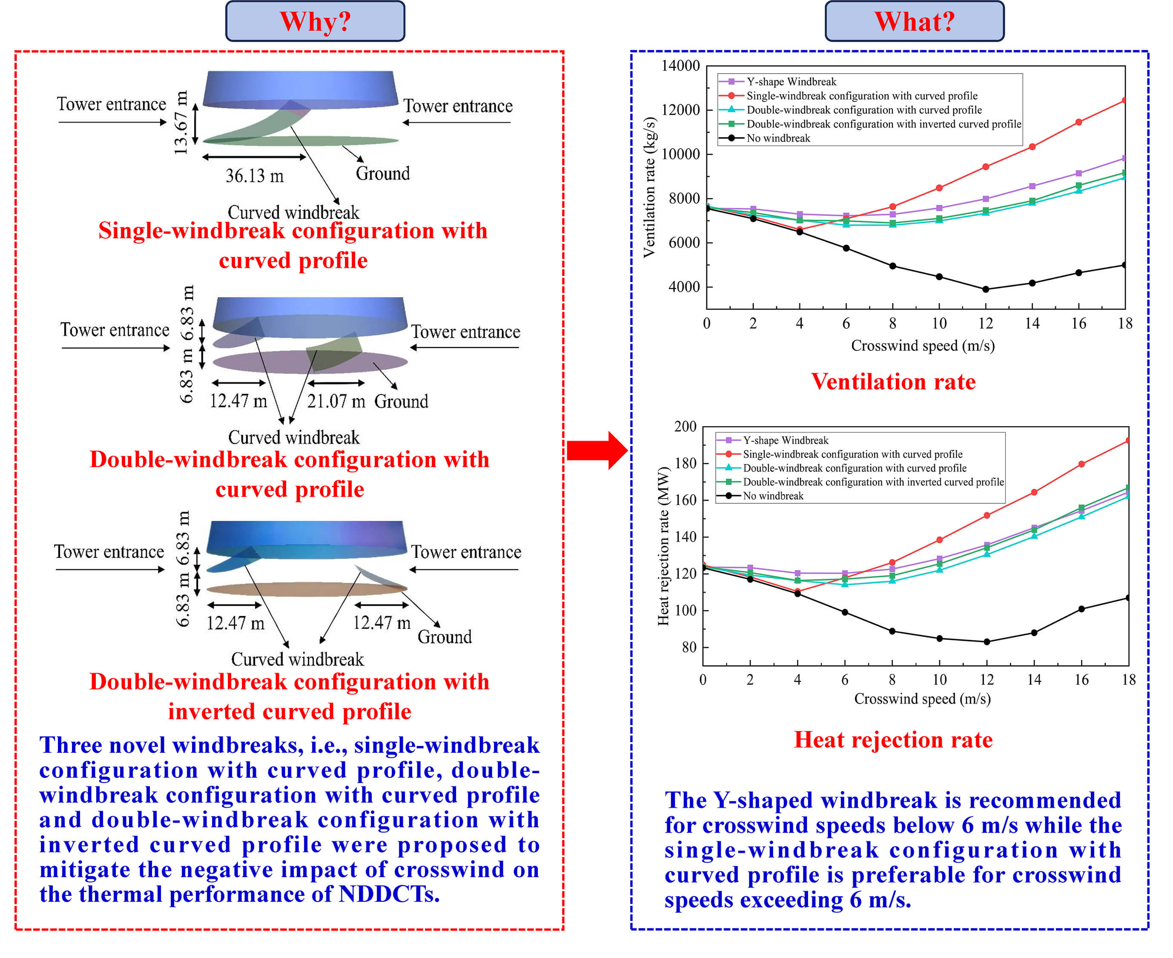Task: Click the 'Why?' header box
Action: click(x=315, y=22)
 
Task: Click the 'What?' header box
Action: click(x=914, y=22)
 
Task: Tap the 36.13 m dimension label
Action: click(x=254, y=176)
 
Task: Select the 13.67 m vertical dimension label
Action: click(x=181, y=123)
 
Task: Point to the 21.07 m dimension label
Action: click(x=336, y=401)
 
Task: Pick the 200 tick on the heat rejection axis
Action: click(x=685, y=427)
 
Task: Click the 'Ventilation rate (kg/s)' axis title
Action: click(x=649, y=188)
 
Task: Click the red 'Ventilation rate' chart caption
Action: click(x=893, y=382)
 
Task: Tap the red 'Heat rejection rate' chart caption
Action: click(x=893, y=740)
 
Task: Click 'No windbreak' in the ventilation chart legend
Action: click(x=778, y=138)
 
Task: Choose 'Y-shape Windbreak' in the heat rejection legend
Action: click(x=785, y=440)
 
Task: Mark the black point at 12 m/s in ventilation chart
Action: click(x=985, y=289)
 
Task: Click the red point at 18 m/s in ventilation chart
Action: click(x=1124, y=101)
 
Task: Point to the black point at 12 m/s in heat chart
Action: click(x=987, y=642)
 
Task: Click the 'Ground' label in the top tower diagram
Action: click(x=382, y=174)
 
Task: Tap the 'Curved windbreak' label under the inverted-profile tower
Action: click(x=297, y=660)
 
